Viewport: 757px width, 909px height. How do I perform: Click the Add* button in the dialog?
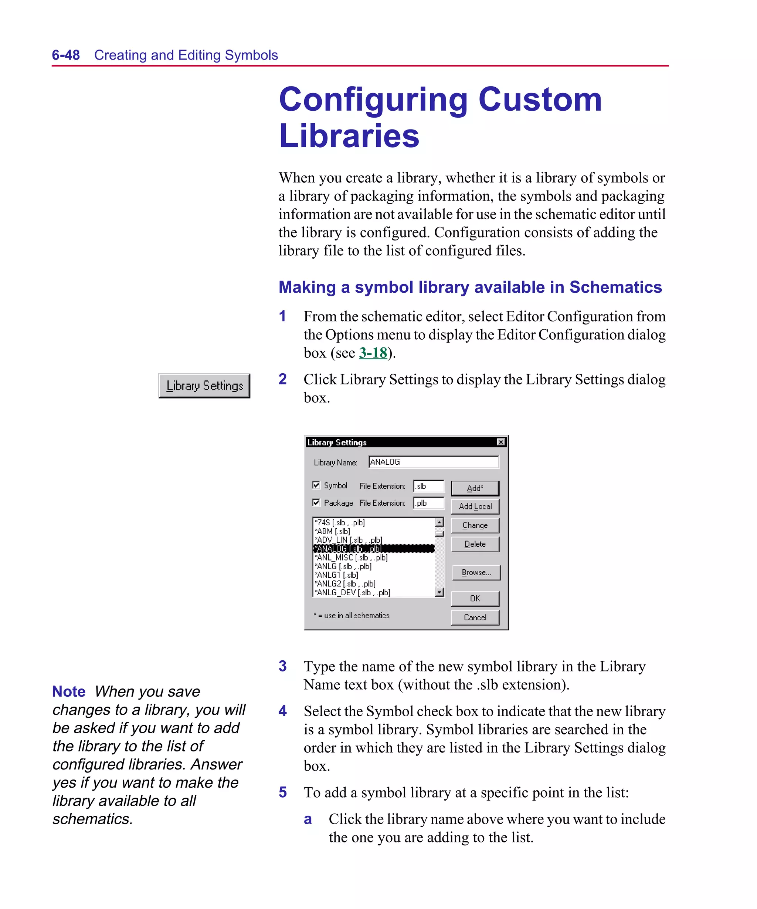[x=475, y=488]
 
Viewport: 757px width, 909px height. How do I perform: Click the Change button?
[x=475, y=525]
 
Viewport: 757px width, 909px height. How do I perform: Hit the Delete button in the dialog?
[x=475, y=544]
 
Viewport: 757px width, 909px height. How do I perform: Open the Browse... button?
[x=476, y=572]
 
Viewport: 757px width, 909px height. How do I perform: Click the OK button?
[x=475, y=598]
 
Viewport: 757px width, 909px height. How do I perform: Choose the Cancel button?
[x=475, y=617]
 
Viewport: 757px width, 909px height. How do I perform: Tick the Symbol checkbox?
[x=316, y=485]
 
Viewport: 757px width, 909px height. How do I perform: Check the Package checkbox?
[x=316, y=502]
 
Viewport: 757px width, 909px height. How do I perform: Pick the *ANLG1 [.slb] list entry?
[x=337, y=575]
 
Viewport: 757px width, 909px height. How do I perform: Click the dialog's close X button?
[x=500, y=442]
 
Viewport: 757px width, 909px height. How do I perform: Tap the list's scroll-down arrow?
[x=439, y=592]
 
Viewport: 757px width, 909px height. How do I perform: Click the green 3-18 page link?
[x=373, y=353]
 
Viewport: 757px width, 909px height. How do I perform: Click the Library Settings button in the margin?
[x=204, y=386]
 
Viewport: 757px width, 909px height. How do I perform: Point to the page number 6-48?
[x=66, y=55]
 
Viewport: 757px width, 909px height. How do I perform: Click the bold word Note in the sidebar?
[x=69, y=691]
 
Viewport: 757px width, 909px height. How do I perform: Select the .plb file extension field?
[x=428, y=503]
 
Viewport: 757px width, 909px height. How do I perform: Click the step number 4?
[x=282, y=711]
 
